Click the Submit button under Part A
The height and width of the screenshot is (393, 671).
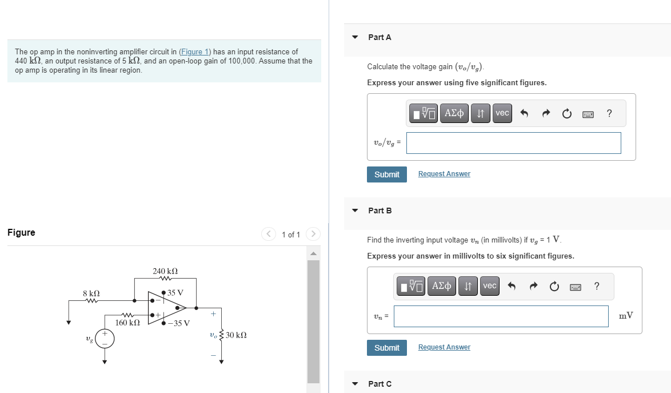386,174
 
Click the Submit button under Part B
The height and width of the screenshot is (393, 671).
386,348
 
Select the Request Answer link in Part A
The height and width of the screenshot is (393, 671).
444,174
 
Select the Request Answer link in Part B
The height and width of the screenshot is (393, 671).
444,347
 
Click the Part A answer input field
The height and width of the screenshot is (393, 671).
513,143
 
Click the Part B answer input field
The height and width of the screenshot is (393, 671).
501,316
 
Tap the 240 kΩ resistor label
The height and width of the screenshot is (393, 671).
165,271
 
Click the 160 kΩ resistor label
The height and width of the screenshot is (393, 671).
127,323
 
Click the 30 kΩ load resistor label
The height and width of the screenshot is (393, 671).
236,335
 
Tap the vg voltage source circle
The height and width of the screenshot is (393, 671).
105,339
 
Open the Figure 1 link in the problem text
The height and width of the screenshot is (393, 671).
195,52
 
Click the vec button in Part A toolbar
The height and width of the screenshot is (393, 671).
502,113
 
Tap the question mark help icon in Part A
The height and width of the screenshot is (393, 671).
609,113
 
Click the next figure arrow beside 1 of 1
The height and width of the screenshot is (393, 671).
313,235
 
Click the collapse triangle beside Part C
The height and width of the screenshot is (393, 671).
355,384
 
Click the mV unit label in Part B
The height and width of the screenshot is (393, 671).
626,316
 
